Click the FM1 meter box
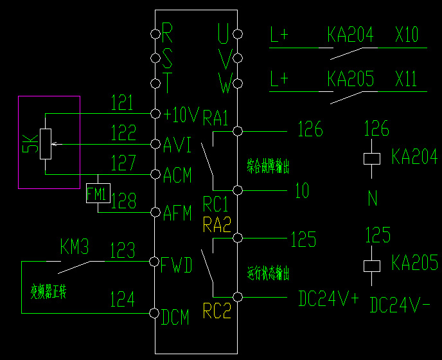click(x=98, y=193)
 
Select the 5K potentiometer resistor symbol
click(x=46, y=144)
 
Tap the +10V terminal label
click(x=181, y=114)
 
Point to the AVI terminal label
click(x=177, y=145)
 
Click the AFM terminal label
click(x=178, y=213)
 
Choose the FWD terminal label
click(x=177, y=264)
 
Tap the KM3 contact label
click(x=74, y=247)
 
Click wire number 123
click(x=122, y=250)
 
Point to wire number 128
click(x=123, y=201)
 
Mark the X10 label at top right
click(x=407, y=35)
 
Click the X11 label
click(x=406, y=79)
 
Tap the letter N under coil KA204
click(x=373, y=198)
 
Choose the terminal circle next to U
click(x=238, y=33)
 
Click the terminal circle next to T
click(x=154, y=84)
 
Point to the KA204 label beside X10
click(x=350, y=35)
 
